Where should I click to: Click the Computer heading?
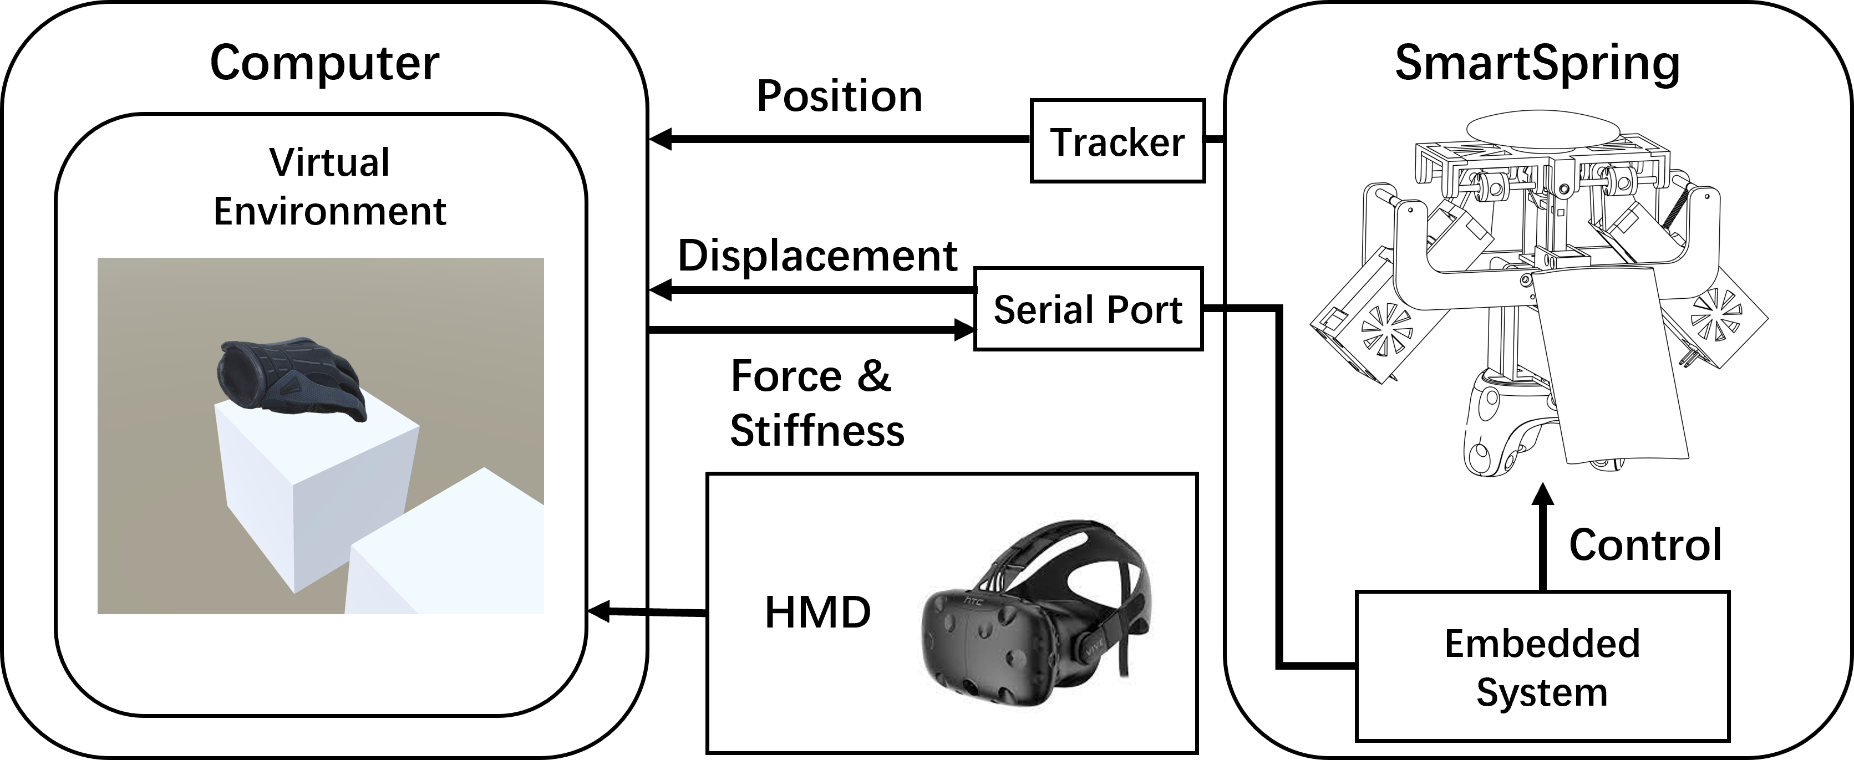324,63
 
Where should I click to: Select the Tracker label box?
1117,141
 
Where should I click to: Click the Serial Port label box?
1088,309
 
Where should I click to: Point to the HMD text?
817,613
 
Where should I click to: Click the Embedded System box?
1542,666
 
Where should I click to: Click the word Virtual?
329,162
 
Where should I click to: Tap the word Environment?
329,212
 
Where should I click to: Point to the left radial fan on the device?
1386,329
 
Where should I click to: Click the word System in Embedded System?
1542,692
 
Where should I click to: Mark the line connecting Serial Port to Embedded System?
1279,489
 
